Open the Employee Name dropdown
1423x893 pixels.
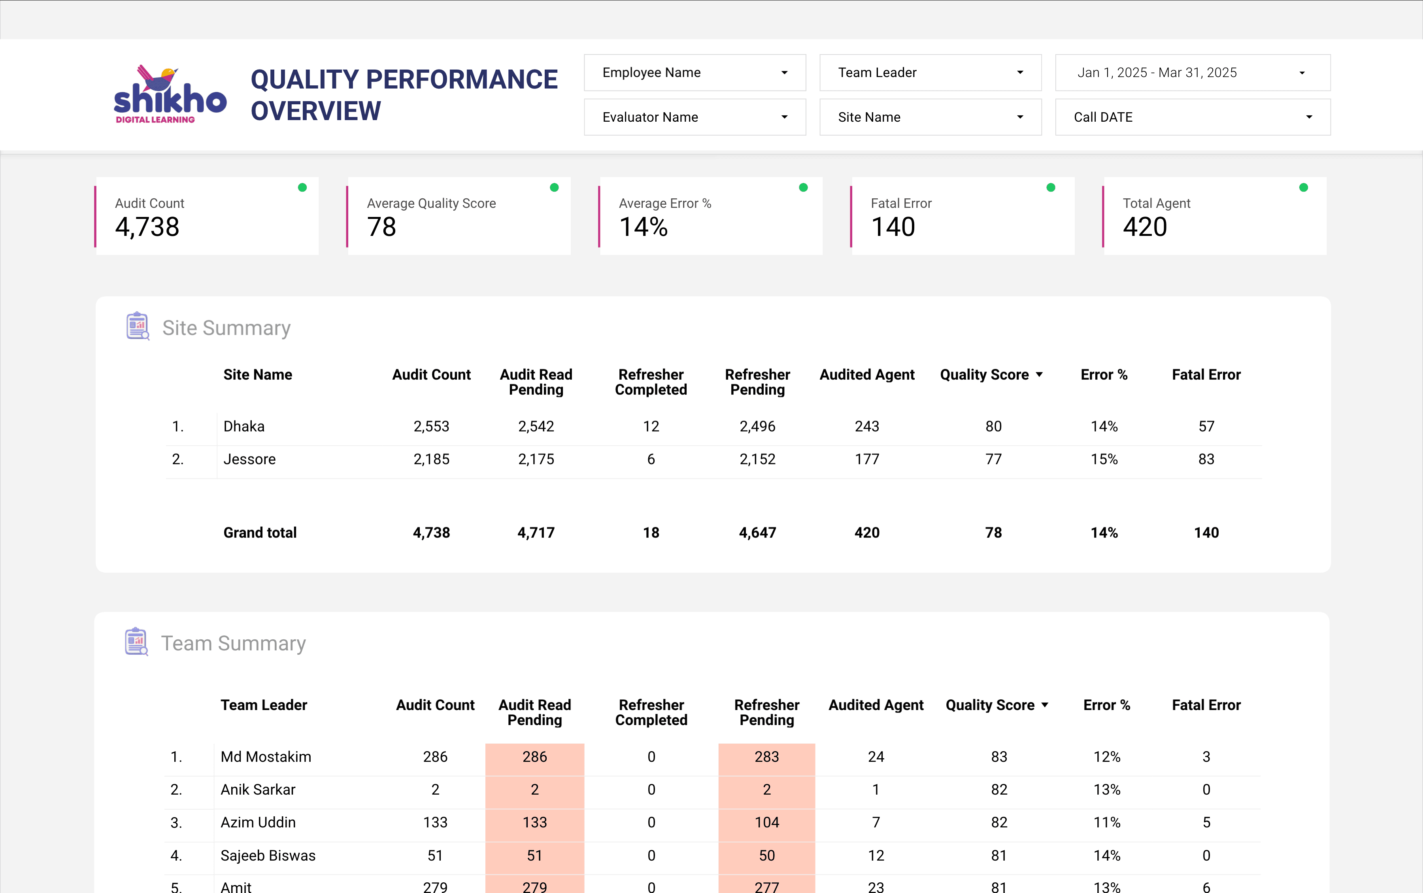[695, 73]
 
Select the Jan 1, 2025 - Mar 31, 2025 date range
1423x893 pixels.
[1192, 73]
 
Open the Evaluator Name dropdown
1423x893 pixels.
[695, 117]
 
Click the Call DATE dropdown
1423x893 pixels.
[1192, 117]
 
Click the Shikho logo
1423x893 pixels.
[170, 94]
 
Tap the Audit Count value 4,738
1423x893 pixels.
[147, 227]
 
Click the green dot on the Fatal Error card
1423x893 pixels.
[1050, 188]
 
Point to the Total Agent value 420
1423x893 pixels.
[1144, 227]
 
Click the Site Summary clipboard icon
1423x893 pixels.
[138, 326]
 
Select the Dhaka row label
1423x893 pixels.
[244, 426]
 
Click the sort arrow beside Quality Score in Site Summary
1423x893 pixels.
[1039, 375]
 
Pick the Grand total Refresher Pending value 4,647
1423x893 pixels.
[757, 533]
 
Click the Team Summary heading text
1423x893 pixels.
[233, 643]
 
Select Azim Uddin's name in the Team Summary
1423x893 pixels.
[258, 823]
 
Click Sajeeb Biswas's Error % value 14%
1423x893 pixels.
[1106, 856]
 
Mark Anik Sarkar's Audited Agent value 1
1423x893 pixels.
[876, 789]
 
